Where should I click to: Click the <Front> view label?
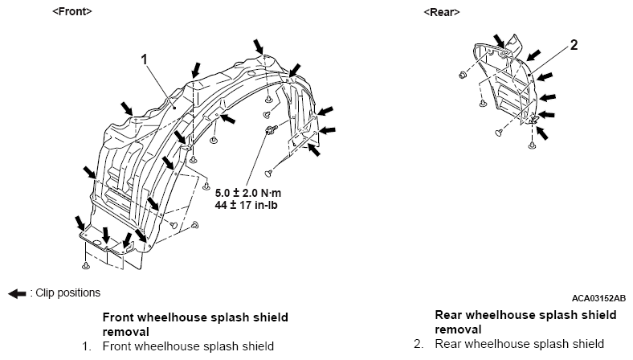coord(72,11)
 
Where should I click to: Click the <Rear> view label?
coord(442,12)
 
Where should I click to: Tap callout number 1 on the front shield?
coord(144,59)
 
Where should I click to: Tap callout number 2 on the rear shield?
coord(574,45)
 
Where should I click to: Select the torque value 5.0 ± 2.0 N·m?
coord(248,193)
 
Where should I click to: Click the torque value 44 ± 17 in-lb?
coord(246,205)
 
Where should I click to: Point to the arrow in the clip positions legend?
coord(17,294)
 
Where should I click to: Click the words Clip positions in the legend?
coord(67,292)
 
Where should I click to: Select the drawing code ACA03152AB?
coord(598,298)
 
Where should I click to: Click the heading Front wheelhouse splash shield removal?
coord(195,325)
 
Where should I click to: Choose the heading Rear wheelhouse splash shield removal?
coord(525,322)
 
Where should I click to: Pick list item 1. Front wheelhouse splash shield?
coord(178,346)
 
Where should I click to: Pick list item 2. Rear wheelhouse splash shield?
coord(508,344)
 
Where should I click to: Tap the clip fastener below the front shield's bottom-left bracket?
coord(86,265)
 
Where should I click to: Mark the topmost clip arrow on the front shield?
coord(259,47)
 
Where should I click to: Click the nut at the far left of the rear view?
coord(463,75)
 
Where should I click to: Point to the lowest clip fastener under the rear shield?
coord(532,145)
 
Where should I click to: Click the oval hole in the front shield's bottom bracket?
coord(97,243)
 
